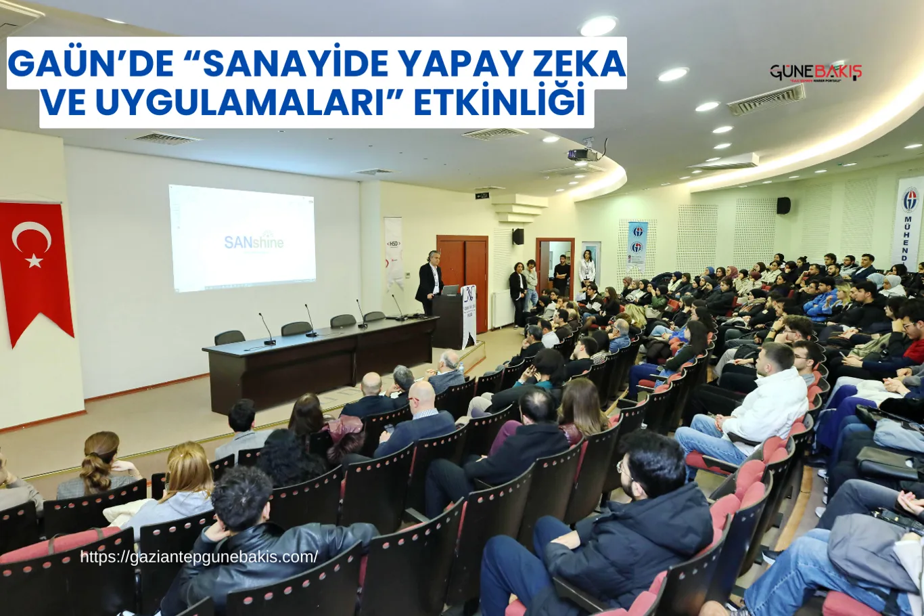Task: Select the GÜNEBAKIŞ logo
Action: click(815, 72)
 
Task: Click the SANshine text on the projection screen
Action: click(254, 241)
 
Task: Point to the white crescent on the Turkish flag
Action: click(31, 236)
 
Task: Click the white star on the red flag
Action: click(34, 261)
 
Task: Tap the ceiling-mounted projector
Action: click(582, 154)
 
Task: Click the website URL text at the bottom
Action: click(199, 557)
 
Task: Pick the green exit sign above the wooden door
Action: click(482, 196)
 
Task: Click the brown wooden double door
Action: click(463, 278)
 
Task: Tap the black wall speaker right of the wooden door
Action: click(517, 236)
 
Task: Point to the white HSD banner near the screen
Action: click(394, 250)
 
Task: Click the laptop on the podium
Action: click(450, 290)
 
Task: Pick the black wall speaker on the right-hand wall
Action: click(783, 206)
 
